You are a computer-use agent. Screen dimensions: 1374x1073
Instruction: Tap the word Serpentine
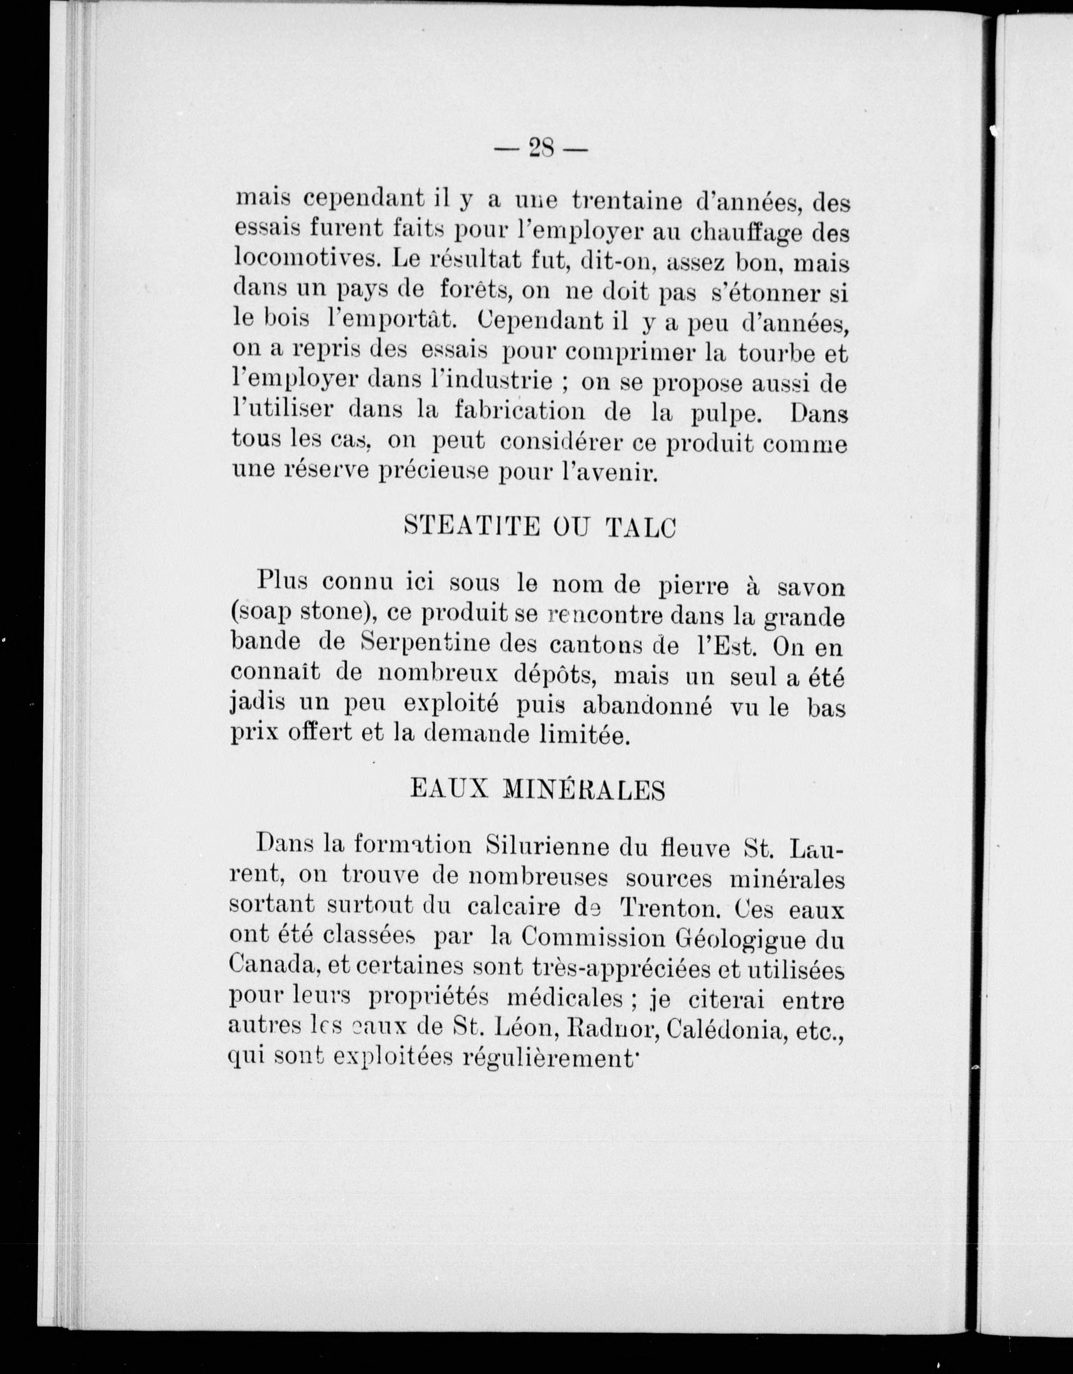point(426,644)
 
